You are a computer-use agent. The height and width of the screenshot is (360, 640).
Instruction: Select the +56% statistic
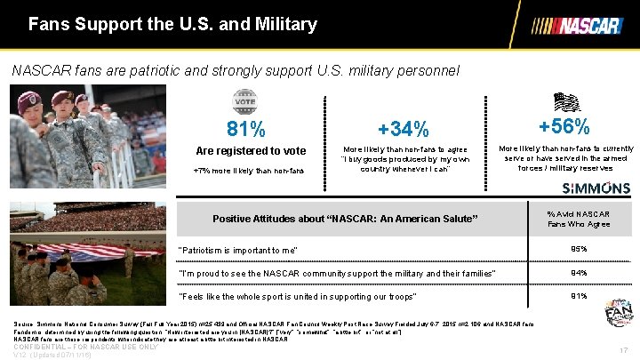click(564, 126)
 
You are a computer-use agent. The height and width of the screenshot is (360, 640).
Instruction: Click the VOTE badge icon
click(244, 100)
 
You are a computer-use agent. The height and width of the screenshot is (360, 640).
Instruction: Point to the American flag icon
click(565, 99)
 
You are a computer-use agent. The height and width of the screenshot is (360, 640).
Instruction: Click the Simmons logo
click(596, 188)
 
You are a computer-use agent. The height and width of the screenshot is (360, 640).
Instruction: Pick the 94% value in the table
click(579, 272)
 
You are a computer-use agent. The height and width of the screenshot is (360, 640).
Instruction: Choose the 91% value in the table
click(579, 295)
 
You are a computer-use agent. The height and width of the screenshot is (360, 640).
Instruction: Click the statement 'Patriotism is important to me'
click(238, 250)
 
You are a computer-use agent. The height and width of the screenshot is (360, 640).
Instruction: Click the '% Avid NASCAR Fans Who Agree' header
click(579, 219)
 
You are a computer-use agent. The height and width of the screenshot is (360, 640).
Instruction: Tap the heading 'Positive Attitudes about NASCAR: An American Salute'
click(345, 219)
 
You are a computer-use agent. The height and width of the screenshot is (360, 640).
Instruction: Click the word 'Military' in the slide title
click(283, 24)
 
